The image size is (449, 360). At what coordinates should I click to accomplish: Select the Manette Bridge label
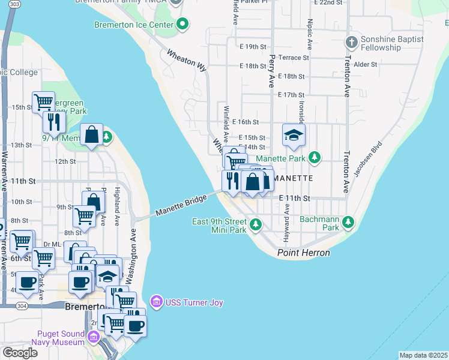pyautogui.click(x=181, y=204)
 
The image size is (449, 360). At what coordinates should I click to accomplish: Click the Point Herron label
pyautogui.click(x=304, y=253)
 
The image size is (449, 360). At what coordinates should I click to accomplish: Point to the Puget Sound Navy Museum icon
pyautogui.click(x=93, y=337)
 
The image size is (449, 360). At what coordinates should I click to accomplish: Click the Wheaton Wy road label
pyautogui.click(x=187, y=61)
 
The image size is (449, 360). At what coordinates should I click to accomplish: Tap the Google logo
pyautogui.click(x=20, y=352)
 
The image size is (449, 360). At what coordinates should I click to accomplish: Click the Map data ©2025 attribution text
pyautogui.click(x=423, y=355)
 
